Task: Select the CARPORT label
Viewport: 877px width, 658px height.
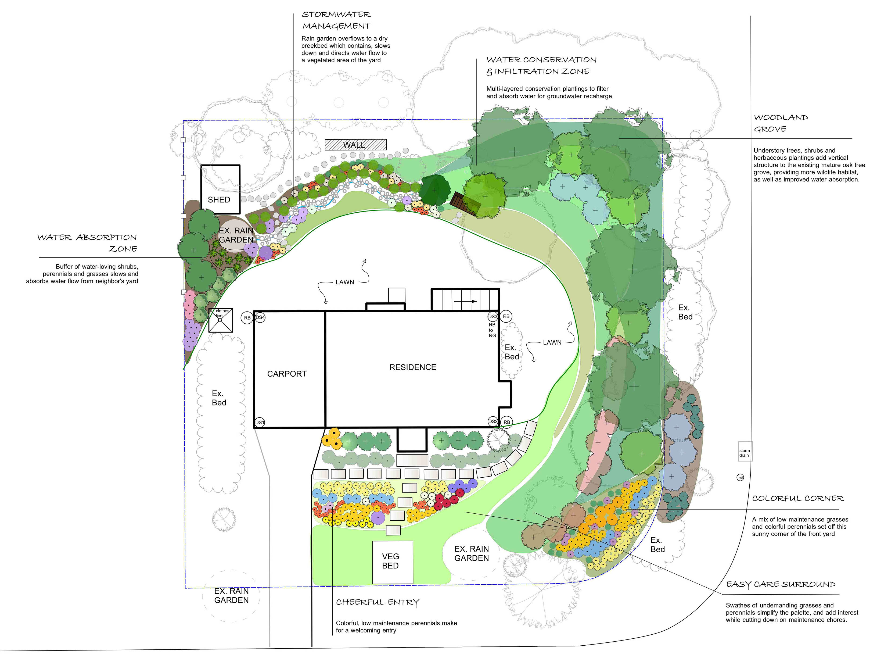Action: tap(287, 374)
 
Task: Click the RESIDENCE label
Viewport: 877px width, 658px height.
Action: tap(413, 367)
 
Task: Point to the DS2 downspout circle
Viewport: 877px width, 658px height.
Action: tap(493, 422)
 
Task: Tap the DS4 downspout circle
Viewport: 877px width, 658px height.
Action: tap(260, 317)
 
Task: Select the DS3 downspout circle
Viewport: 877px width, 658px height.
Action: tap(493, 317)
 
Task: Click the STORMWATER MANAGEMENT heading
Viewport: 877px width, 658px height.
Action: tap(337, 20)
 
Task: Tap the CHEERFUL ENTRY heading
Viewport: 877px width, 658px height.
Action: tap(378, 602)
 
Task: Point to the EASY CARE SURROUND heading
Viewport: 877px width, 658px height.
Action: tap(781, 585)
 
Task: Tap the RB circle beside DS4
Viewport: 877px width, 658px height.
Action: tap(247, 318)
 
